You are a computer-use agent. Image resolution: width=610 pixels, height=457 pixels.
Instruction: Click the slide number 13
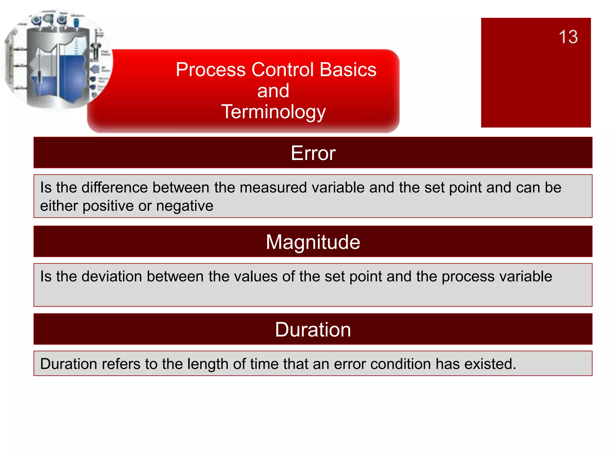tap(568, 37)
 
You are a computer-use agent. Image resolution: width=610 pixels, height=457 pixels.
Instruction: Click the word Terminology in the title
tap(273, 112)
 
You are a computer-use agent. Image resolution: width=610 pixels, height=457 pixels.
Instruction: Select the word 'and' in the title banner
tap(273, 91)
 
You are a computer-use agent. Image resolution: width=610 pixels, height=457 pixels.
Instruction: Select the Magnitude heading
tap(313, 242)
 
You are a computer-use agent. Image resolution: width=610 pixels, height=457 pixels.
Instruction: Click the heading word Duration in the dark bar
tap(313, 330)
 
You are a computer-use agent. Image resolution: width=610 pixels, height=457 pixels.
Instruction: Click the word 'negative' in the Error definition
tap(185, 206)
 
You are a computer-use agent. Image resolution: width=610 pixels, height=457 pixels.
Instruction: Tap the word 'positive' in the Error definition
tap(108, 206)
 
